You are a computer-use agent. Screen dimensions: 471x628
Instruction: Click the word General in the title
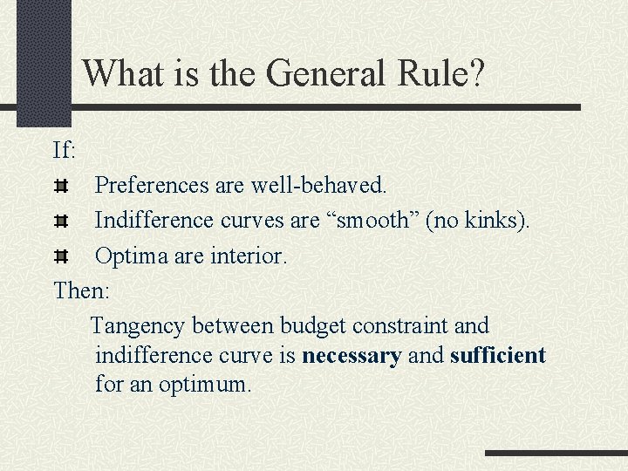(x=324, y=73)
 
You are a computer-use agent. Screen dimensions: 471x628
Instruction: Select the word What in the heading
(x=122, y=73)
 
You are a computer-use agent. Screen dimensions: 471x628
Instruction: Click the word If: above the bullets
(x=65, y=150)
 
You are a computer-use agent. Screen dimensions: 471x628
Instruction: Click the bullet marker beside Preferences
(x=61, y=186)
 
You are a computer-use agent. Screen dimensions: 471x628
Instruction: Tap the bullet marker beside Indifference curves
(x=61, y=222)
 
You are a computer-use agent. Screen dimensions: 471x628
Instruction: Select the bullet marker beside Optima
(x=61, y=257)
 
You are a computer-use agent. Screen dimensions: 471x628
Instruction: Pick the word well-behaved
(x=318, y=186)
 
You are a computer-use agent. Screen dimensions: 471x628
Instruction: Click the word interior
(x=248, y=257)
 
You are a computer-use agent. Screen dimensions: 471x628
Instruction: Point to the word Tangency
(x=139, y=326)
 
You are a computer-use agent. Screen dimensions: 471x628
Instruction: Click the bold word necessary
(x=352, y=356)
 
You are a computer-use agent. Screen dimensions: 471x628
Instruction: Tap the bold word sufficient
(x=498, y=356)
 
